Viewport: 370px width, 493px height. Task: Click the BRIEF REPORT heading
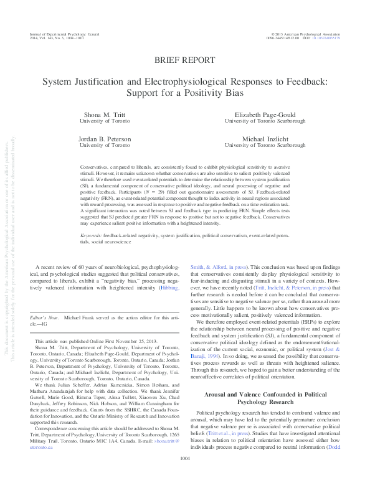point(185,60)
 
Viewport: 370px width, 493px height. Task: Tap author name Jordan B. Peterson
point(105,138)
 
